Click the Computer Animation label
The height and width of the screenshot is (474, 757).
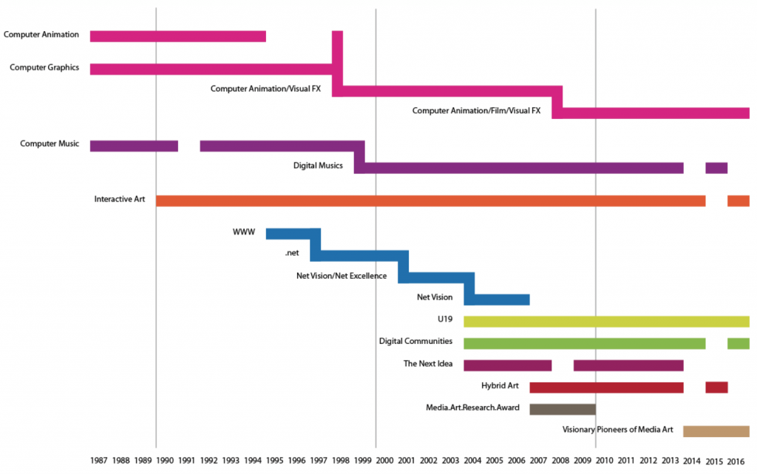tap(41, 34)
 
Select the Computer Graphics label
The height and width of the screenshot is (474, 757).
tap(44, 67)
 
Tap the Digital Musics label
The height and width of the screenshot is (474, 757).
tap(318, 166)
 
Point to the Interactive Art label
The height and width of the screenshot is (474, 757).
tap(120, 199)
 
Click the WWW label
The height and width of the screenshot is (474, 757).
tap(243, 232)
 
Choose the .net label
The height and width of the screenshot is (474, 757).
tap(291, 254)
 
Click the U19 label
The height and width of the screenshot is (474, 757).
tap(444, 319)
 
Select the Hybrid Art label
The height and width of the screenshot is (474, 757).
tap(501, 385)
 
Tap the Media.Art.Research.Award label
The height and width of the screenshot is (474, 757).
tap(472, 407)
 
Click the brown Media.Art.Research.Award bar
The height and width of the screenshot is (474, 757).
tap(563, 409)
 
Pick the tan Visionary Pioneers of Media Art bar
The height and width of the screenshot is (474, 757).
tap(716, 431)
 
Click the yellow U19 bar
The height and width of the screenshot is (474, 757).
tap(606, 321)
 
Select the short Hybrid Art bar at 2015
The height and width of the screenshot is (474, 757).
tap(716, 387)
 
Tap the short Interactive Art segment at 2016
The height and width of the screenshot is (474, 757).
tap(738, 200)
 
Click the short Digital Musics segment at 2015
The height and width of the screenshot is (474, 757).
tap(716, 168)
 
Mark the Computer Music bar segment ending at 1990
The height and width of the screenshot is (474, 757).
tap(134, 146)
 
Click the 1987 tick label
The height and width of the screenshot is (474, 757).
tap(99, 461)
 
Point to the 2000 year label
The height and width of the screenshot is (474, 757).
tap(384, 461)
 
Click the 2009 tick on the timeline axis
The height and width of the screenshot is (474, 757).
tap(583, 461)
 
